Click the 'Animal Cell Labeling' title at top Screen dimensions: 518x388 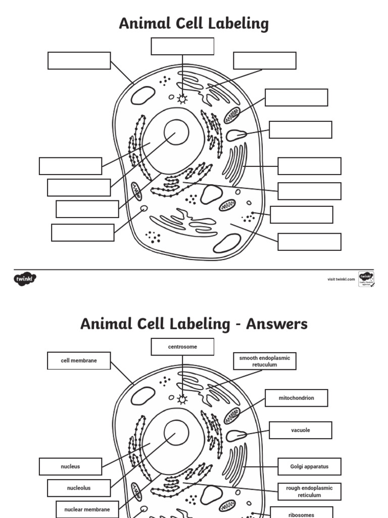click(x=193, y=23)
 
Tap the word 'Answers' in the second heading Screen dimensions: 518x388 click(x=276, y=324)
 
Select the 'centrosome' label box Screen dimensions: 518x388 click(x=182, y=347)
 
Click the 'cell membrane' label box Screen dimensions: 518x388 click(x=79, y=361)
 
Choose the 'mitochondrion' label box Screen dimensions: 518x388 click(x=296, y=398)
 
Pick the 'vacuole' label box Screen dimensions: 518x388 click(x=300, y=430)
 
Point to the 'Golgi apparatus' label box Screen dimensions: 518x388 click(x=309, y=466)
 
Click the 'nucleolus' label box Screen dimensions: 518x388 click(x=79, y=488)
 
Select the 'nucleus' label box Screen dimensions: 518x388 click(x=70, y=466)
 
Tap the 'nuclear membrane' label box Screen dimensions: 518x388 click(x=87, y=509)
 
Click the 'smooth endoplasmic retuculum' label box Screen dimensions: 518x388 click(x=264, y=361)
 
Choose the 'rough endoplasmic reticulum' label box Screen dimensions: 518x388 click(x=309, y=492)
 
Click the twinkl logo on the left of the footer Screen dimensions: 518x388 click(x=25, y=278)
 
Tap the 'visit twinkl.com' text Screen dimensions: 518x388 click(x=341, y=279)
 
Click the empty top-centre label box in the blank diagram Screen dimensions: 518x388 click(x=182, y=46)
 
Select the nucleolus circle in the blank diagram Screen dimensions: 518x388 click(x=176, y=133)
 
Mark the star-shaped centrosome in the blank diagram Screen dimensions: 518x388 click(x=182, y=99)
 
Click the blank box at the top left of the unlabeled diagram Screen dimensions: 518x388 click(x=79, y=61)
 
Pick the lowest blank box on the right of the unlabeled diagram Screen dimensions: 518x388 click(x=309, y=242)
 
